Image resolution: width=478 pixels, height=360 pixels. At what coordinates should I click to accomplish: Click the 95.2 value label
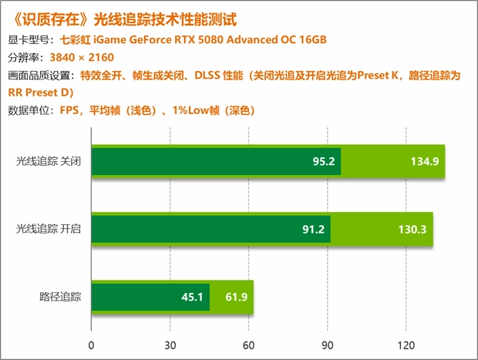(x=324, y=162)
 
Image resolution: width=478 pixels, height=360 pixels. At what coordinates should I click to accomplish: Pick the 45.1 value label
(x=192, y=296)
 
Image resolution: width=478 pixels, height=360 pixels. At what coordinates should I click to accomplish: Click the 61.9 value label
(x=234, y=296)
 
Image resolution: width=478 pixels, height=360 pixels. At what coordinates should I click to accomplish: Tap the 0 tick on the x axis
(x=92, y=345)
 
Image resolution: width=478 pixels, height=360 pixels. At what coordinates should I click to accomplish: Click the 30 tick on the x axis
(x=170, y=345)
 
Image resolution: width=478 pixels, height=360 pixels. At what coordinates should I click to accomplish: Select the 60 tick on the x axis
(x=249, y=345)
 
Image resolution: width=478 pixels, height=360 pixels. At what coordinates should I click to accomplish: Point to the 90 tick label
(x=328, y=345)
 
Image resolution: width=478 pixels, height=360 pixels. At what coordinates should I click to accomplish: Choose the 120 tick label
(x=406, y=345)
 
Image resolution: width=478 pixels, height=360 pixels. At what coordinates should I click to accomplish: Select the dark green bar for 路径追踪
(x=150, y=296)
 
